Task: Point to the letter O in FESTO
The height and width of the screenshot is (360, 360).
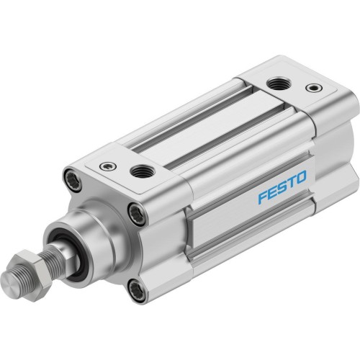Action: pos(300,175)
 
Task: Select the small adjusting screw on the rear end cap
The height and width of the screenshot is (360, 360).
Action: pos(312,88)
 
